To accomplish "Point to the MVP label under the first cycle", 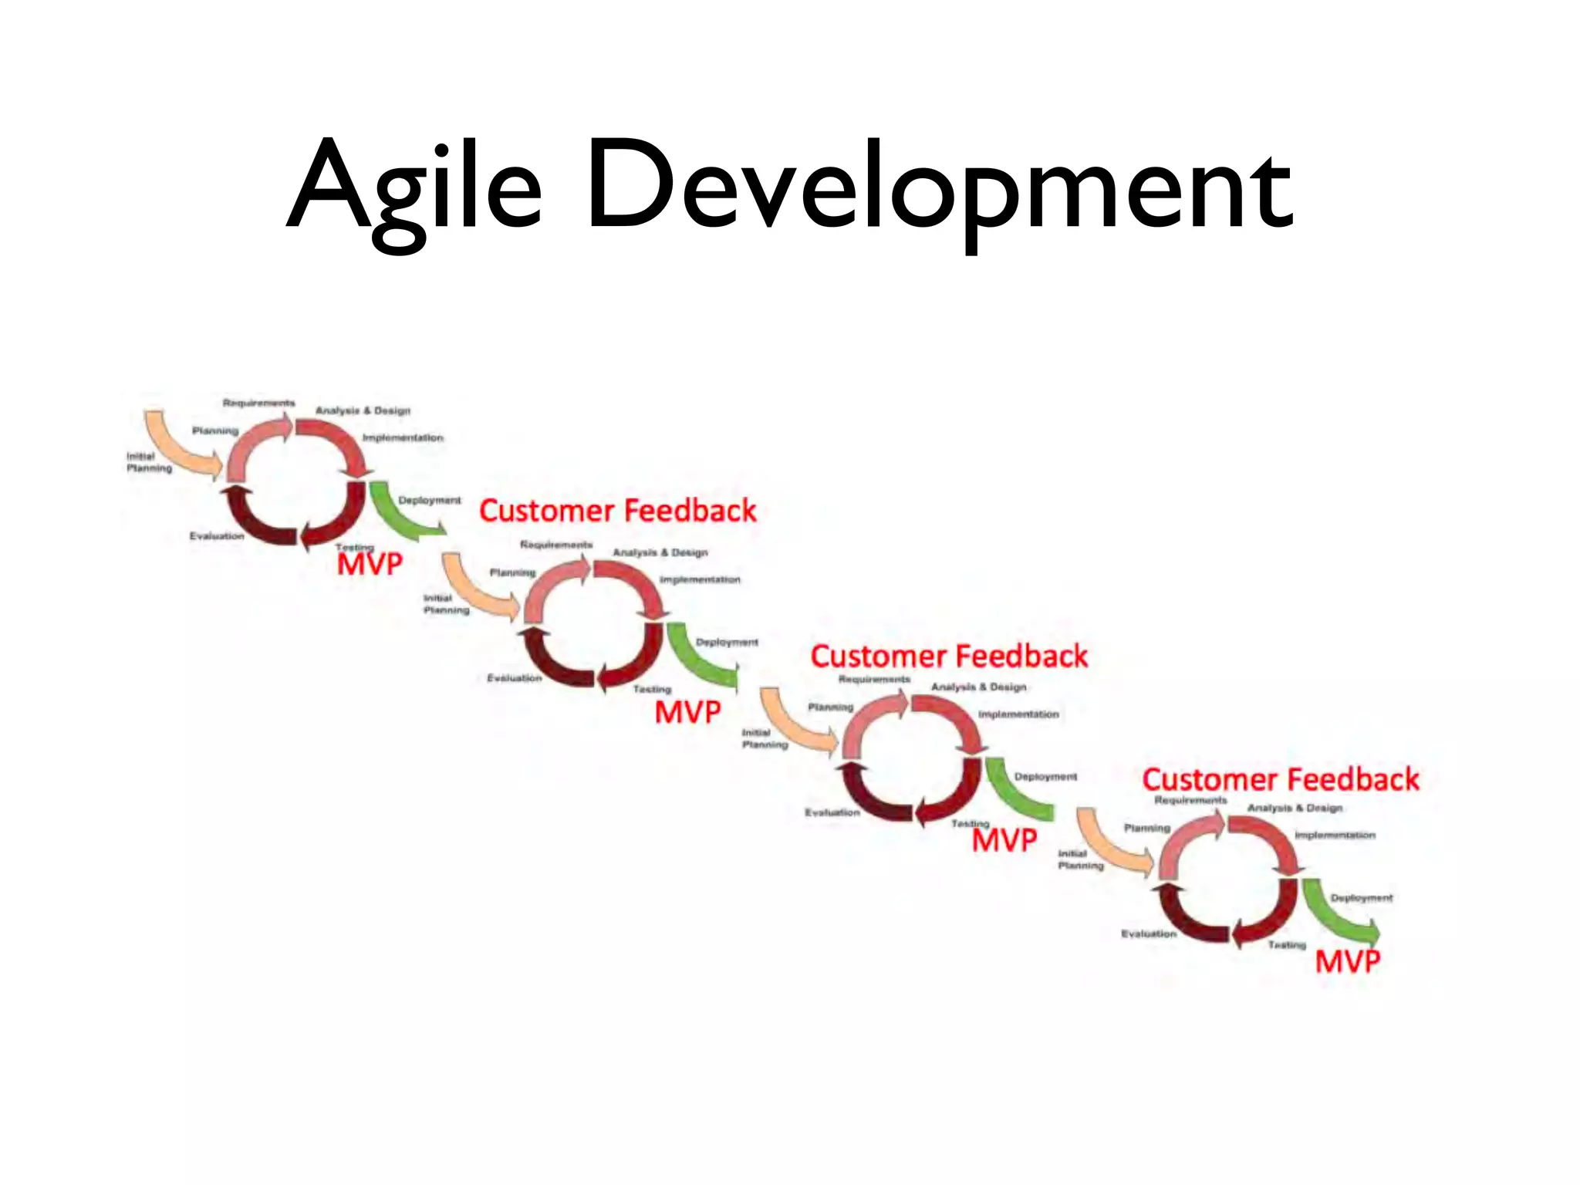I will tap(370, 564).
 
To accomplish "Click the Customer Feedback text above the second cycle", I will tap(617, 511).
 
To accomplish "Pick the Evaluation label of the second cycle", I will tap(515, 678).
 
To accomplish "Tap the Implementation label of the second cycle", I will tap(700, 579).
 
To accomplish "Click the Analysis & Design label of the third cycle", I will tap(978, 687).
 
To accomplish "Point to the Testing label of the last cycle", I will tap(1287, 944).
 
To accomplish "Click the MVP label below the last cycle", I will tap(1347, 961).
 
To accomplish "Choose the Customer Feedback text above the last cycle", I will tap(1281, 779).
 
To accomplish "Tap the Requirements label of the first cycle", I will tap(258, 403).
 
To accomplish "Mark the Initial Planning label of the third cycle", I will tap(765, 738).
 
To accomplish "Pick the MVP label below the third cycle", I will tap(1004, 840).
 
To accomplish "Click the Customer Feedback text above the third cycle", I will tap(949, 657).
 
